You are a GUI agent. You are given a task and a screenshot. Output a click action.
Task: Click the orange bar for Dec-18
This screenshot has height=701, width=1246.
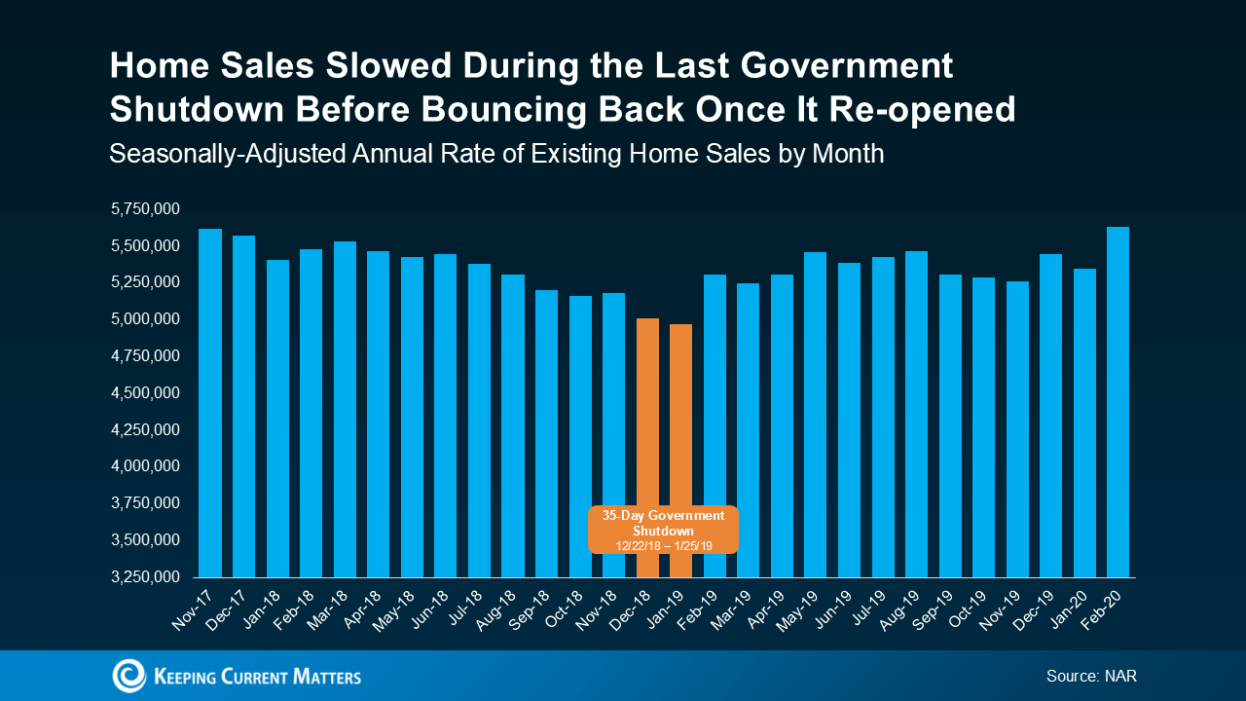646,409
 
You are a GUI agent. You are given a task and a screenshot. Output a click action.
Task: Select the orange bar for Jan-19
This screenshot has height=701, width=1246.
680,409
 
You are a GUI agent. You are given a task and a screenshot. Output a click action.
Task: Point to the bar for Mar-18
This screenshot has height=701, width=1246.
345,409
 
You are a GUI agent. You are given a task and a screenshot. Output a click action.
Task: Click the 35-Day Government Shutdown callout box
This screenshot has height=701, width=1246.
662,531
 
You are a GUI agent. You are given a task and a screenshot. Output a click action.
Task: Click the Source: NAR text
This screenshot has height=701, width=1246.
1091,676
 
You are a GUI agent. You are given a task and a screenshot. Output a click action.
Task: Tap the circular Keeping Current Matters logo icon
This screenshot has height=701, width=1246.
128,676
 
